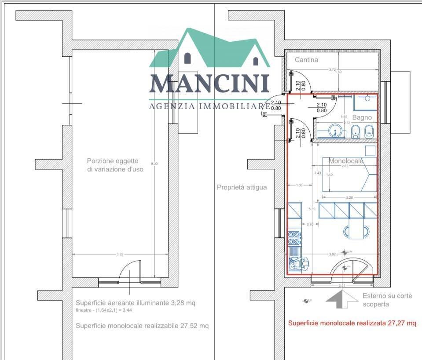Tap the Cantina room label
306,60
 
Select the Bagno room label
362,117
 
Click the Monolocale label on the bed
346,161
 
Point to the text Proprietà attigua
242,187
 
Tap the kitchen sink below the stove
294,263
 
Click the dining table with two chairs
357,230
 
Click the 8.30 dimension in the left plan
154,164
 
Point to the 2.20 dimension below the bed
349,198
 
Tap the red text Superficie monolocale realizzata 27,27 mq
352,323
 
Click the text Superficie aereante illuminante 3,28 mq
136,303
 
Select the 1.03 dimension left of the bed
299,185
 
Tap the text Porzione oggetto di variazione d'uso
115,165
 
